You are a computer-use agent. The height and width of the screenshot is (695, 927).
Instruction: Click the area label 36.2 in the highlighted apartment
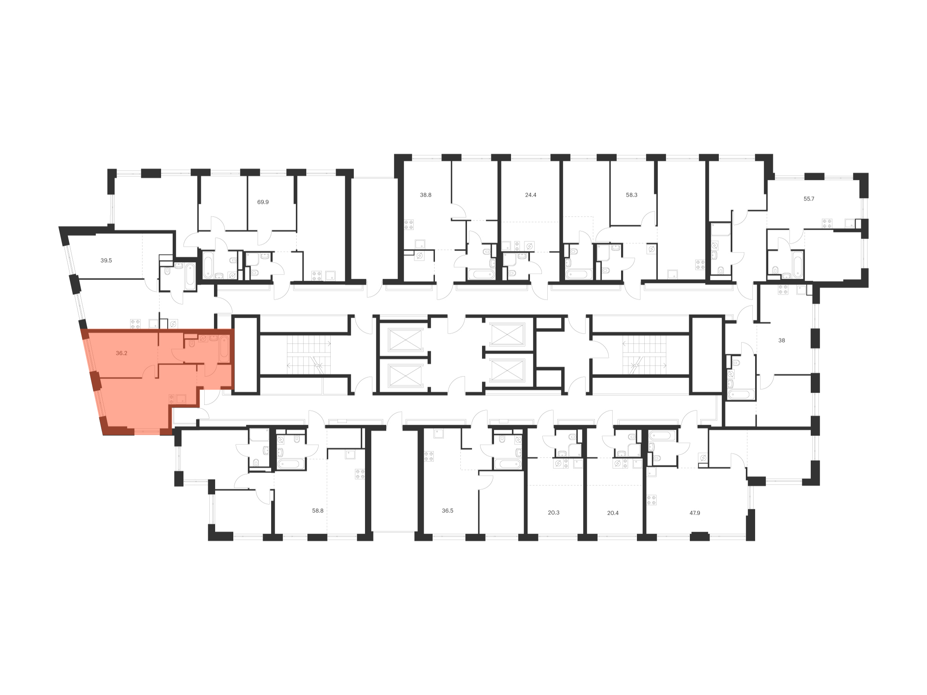pos(122,353)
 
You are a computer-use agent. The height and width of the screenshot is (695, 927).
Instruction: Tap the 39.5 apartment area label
pos(106,260)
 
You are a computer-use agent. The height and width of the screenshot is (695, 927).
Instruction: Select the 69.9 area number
pos(263,202)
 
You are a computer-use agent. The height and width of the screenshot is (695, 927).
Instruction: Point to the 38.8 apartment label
pos(425,195)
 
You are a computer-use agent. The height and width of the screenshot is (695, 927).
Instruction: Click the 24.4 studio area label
pos(531,195)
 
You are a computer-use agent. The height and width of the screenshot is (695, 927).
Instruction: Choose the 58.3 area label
pos(632,195)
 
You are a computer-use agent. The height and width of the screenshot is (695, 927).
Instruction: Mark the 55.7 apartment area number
pos(809,199)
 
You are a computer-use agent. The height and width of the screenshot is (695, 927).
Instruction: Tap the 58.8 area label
pos(317,511)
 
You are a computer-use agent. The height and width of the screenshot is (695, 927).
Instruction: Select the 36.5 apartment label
pos(448,511)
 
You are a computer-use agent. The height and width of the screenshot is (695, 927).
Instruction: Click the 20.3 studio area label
pos(553,512)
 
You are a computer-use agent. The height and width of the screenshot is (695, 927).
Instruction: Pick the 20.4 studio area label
pos(613,512)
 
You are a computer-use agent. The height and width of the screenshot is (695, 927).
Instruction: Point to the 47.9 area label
pos(694,512)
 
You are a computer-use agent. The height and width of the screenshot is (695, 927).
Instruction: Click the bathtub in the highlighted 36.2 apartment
pos(224,349)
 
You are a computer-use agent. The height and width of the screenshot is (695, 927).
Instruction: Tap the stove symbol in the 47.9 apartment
pos(651,500)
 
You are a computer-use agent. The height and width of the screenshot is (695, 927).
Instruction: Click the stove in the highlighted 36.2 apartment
pos(172,399)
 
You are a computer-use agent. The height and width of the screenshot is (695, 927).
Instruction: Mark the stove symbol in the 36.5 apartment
pos(428,456)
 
